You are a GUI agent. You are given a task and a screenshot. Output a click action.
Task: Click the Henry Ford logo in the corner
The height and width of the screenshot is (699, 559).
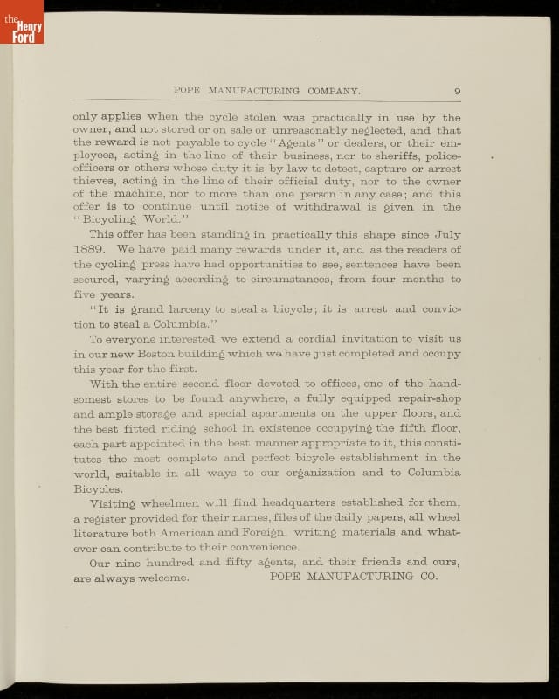[x=21, y=21]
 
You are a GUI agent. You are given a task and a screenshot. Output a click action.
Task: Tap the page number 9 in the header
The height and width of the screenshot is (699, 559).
[x=457, y=91]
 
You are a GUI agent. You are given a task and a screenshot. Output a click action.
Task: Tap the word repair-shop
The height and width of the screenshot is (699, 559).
[x=424, y=399]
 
